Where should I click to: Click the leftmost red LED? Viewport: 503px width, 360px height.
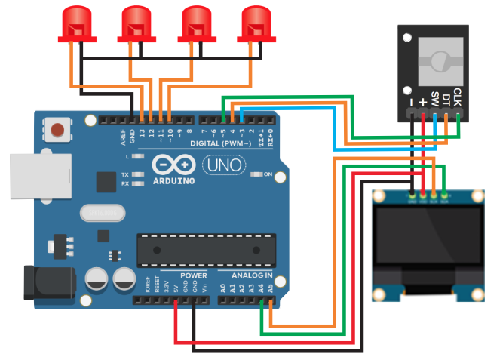click(75, 23)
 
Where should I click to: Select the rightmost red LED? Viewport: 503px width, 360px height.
click(256, 23)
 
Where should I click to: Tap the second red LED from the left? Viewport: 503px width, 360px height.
click(136, 23)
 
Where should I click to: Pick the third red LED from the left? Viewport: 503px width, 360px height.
click(196, 23)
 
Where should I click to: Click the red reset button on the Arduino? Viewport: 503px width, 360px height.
click(57, 129)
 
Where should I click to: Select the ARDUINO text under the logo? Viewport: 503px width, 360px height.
click(173, 181)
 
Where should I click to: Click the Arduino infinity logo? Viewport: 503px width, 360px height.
click(174, 165)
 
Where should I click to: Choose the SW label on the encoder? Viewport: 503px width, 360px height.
click(435, 99)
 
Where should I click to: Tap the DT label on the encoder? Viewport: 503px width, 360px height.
click(446, 99)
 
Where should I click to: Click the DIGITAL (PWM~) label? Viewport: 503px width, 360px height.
click(219, 142)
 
